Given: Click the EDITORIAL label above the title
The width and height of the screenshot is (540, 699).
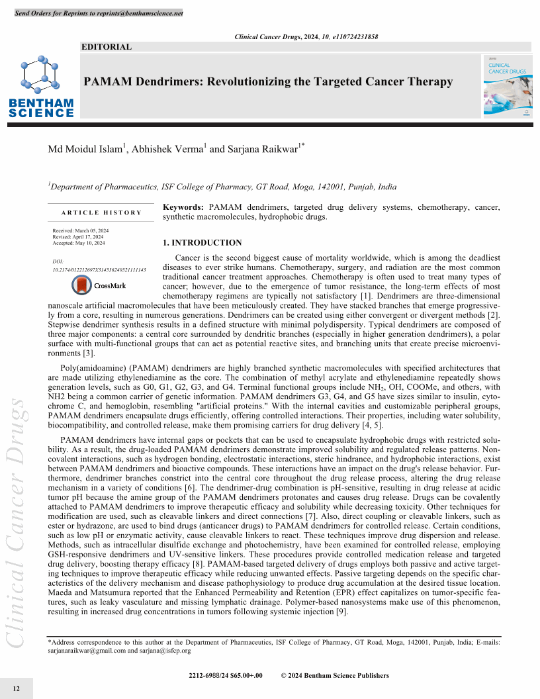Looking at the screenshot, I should coord(106,47).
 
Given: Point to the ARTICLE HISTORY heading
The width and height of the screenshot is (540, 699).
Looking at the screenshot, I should coord(101,212).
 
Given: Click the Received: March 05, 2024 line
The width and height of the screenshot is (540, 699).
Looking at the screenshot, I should coord(81,230).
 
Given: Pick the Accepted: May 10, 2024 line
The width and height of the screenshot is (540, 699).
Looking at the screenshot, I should coord(79,243).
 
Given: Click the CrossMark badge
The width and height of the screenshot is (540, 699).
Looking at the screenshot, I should coord(99,286).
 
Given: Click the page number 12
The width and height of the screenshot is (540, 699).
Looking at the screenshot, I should coord(17,689).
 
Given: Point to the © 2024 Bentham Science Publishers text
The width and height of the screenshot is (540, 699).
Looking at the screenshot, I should coord(335,676).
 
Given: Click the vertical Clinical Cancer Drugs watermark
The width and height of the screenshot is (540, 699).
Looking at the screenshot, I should coord(17,522).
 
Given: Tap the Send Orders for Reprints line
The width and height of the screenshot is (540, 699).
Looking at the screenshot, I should coord(99,13).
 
